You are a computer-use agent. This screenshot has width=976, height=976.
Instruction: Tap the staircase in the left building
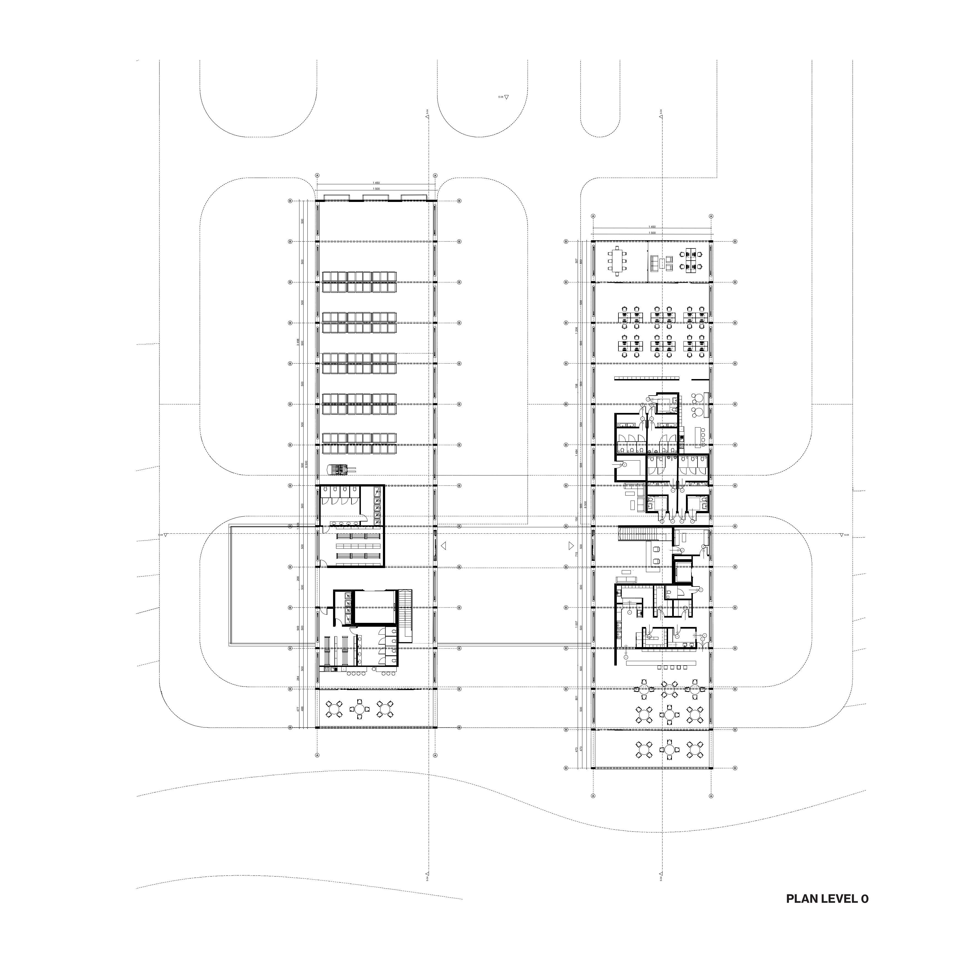[406, 615]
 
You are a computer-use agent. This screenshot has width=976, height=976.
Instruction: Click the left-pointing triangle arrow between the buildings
[444, 546]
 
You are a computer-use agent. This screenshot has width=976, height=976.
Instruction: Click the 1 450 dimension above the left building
[376, 183]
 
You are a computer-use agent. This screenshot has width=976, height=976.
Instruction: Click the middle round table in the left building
[359, 709]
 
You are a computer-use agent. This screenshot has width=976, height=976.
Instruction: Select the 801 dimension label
[576, 698]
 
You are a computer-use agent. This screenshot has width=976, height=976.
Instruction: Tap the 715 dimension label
[576, 554]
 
